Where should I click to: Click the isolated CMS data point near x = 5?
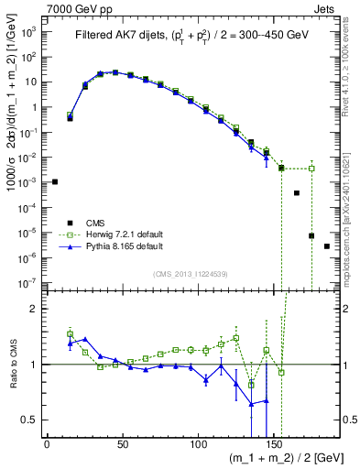(x=54, y=181)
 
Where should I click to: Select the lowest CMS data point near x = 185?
(x=327, y=246)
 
